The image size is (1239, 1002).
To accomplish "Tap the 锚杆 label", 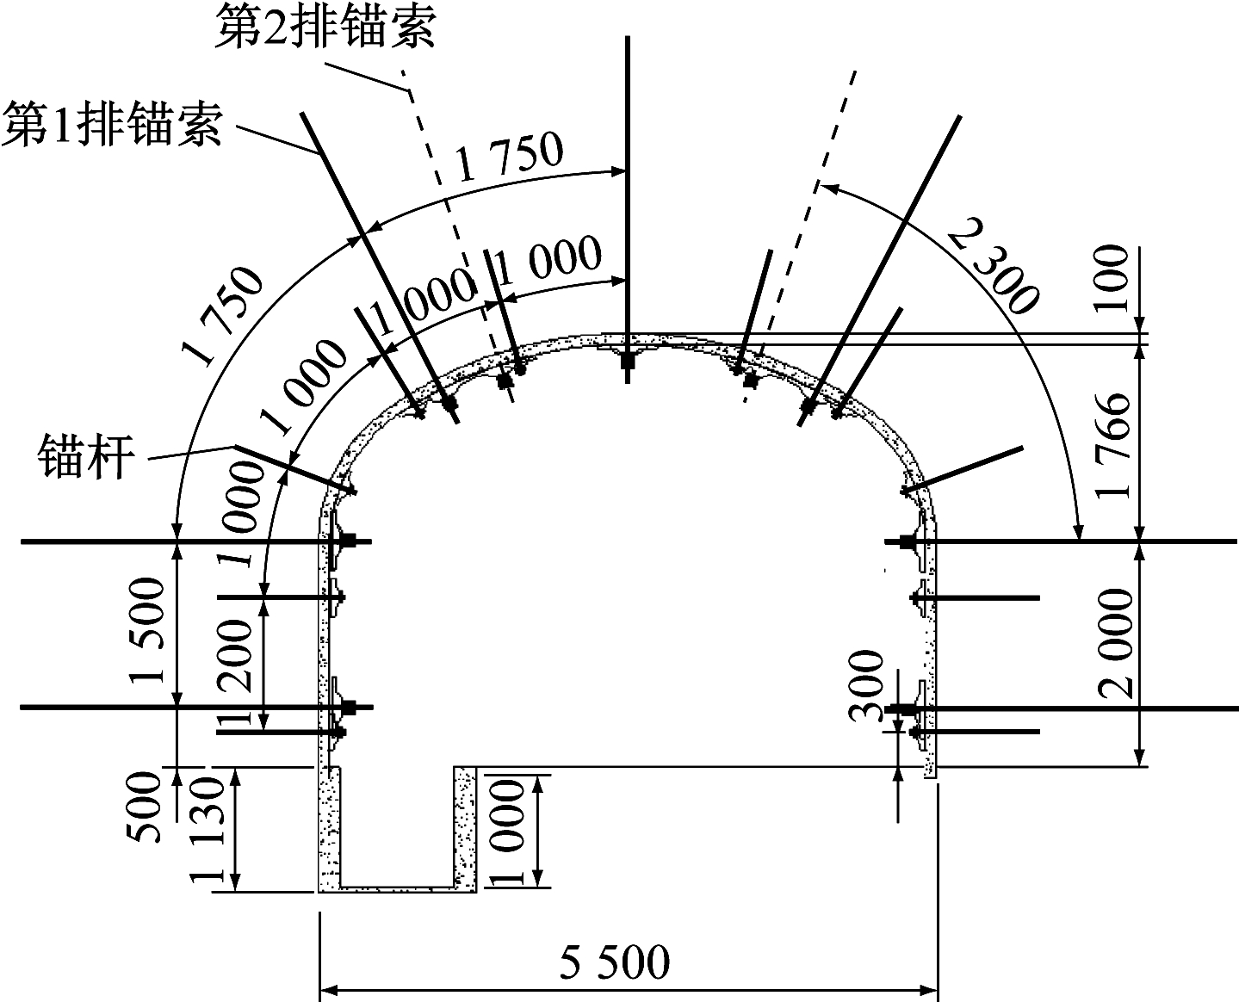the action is (x=86, y=457).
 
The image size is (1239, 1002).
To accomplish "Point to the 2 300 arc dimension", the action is (x=992, y=264).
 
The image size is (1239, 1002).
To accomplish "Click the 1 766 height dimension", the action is (x=1112, y=446).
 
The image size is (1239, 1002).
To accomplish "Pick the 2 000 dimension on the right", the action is (x=1116, y=643).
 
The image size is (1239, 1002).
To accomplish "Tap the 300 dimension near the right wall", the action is (x=866, y=686).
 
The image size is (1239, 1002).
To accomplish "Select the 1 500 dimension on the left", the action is (x=147, y=631).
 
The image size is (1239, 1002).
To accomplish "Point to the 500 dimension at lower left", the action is (x=144, y=807).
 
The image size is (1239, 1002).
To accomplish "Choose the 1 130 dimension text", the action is (x=208, y=830).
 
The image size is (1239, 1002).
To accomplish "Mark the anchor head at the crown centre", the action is (x=627, y=362).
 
